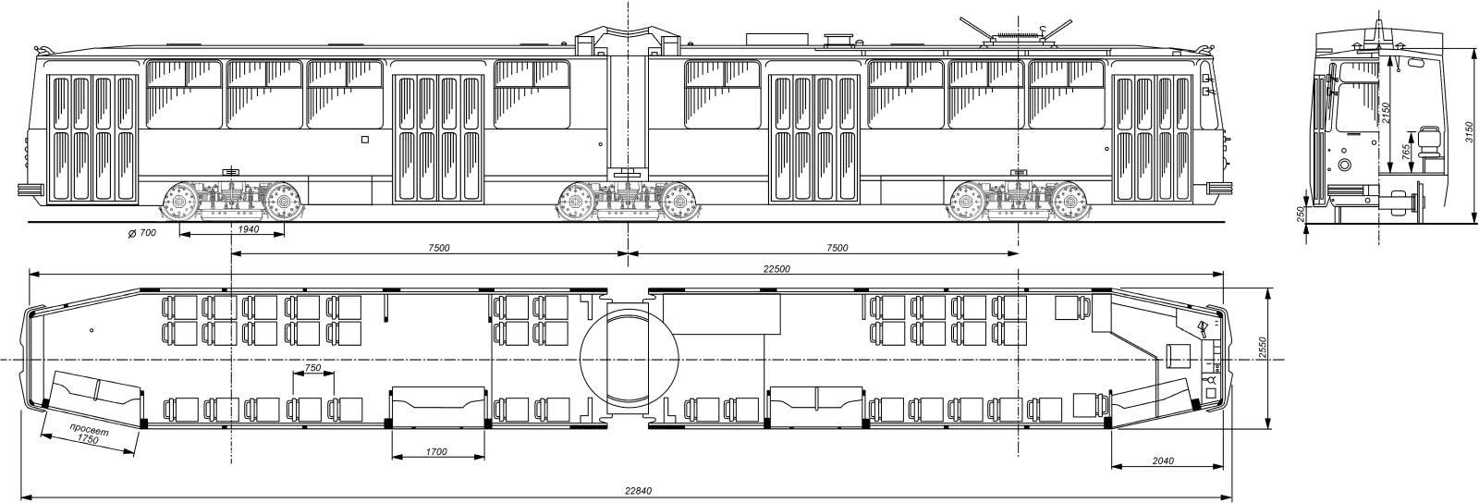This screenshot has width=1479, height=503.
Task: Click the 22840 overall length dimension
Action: pos(639,490)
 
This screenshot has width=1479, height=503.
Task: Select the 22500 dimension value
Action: pos(776,269)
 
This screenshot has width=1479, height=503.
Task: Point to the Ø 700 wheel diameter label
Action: pos(142,233)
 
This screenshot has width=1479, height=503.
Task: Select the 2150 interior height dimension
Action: pos(1386,112)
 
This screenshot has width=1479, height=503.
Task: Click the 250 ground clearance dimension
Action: pos(1300,214)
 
